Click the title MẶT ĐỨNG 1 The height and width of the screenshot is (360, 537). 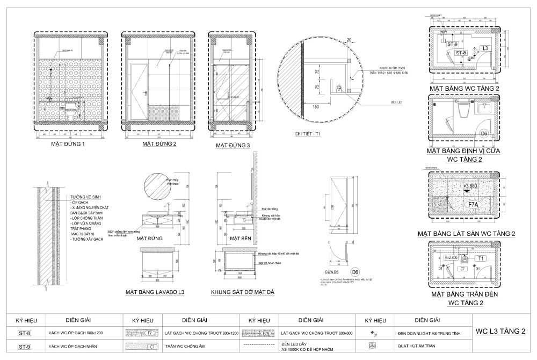[x=69, y=145]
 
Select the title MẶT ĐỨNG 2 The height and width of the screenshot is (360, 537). [x=159, y=145]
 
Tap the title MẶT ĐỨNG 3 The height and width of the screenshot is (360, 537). [x=233, y=146]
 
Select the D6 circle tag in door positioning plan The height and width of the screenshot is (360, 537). [x=483, y=133]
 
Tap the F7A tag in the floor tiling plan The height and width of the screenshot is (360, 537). [x=474, y=204]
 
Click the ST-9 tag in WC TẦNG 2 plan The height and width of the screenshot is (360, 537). [x=452, y=45]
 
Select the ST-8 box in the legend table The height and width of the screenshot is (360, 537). [x=24, y=333]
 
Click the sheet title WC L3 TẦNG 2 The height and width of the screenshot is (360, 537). [x=500, y=331]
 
